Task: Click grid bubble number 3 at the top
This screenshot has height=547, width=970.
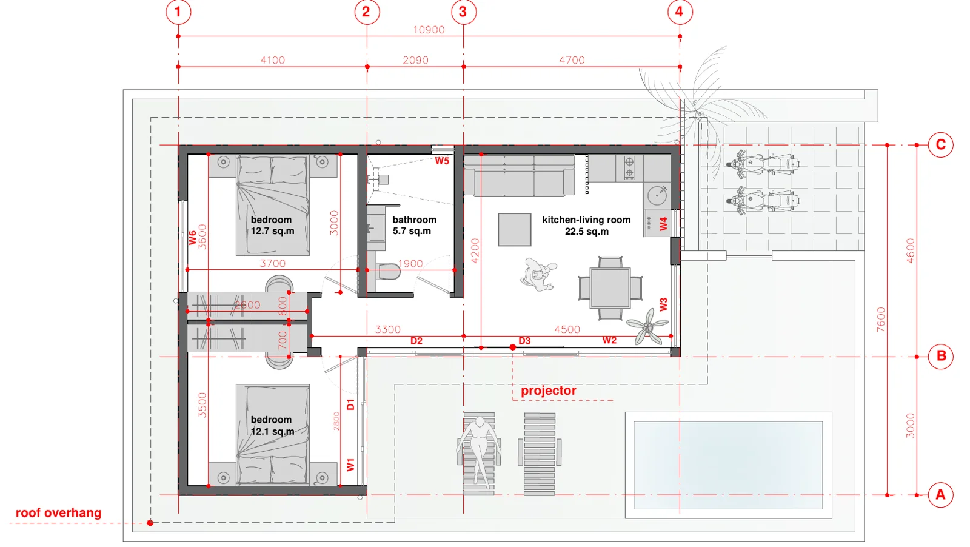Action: coord(463,12)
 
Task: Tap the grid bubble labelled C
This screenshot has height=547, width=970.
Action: coord(940,145)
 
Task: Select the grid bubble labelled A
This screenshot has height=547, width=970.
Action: coord(940,495)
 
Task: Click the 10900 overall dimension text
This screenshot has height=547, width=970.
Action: coord(429,30)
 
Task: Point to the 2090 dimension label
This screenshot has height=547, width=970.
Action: coord(415,60)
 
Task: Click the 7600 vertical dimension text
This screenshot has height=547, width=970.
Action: coord(881,320)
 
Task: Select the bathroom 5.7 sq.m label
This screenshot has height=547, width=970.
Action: coord(414,225)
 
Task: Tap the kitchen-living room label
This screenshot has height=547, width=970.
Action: coord(586,225)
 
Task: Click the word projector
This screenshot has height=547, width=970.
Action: coord(548,391)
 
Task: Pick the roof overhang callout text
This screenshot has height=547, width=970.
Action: coord(58,513)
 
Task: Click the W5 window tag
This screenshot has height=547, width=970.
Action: coord(442,161)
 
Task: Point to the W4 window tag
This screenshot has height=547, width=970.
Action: coord(663,224)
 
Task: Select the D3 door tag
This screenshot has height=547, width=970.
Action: coord(524,341)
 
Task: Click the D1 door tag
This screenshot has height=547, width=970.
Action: coord(351,404)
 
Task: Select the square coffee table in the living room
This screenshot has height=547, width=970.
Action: coord(515,230)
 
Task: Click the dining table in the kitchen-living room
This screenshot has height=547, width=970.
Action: coord(610,287)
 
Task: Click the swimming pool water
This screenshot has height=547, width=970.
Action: coord(728,465)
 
